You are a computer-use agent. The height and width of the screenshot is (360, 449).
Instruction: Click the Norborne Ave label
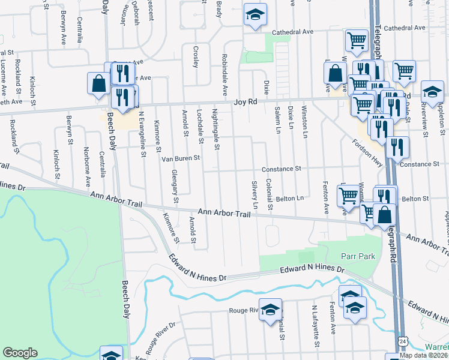(x=87, y=167)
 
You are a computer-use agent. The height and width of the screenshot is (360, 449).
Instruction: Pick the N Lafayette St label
(x=314, y=325)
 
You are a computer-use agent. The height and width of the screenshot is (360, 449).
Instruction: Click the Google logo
(x=20, y=353)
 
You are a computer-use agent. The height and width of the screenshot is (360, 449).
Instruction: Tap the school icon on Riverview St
(x=431, y=91)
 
